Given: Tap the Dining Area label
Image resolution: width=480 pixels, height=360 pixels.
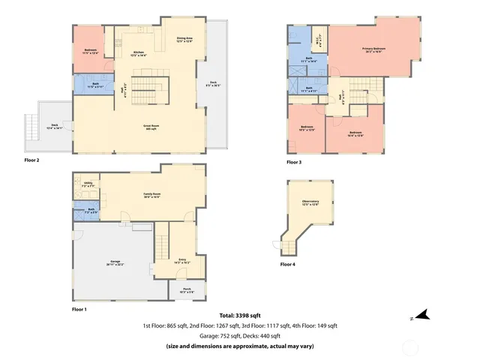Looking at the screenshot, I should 184,39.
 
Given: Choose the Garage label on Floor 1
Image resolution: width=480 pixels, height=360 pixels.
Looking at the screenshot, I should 115,264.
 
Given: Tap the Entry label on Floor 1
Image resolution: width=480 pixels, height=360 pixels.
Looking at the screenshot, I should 182,262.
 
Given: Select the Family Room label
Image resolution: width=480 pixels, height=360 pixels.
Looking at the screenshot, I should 153,195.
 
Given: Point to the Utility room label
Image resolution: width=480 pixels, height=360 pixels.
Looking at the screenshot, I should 88,184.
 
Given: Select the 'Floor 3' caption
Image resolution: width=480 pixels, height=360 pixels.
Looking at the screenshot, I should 294,162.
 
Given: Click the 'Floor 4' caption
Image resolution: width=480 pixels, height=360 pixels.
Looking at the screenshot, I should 287,264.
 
